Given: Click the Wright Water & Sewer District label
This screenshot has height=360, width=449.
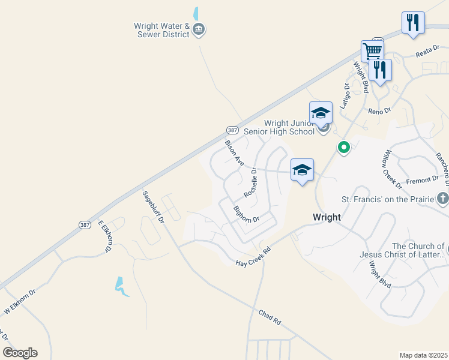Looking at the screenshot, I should coord(161,30).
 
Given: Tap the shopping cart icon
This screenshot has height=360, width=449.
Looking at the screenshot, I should coord(372,50).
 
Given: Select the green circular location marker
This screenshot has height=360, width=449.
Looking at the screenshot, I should coord(343,146).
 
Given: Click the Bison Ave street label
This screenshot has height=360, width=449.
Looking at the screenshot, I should coord(234,153).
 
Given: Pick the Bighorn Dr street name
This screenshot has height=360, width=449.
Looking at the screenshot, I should coord(246,214).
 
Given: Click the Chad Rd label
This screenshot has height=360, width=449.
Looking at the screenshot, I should coord(270,317).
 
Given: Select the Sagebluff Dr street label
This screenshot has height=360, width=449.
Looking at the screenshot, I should coord(153,207).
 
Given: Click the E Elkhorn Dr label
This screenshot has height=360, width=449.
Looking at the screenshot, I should coord(105,236).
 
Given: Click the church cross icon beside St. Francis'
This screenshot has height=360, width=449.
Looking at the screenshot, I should coord(442,197).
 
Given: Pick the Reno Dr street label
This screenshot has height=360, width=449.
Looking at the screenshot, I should coord(379,110).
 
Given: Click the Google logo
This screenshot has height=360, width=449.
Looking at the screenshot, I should coord(20,353).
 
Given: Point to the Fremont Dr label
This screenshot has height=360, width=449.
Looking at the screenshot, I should coord(422,179).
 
